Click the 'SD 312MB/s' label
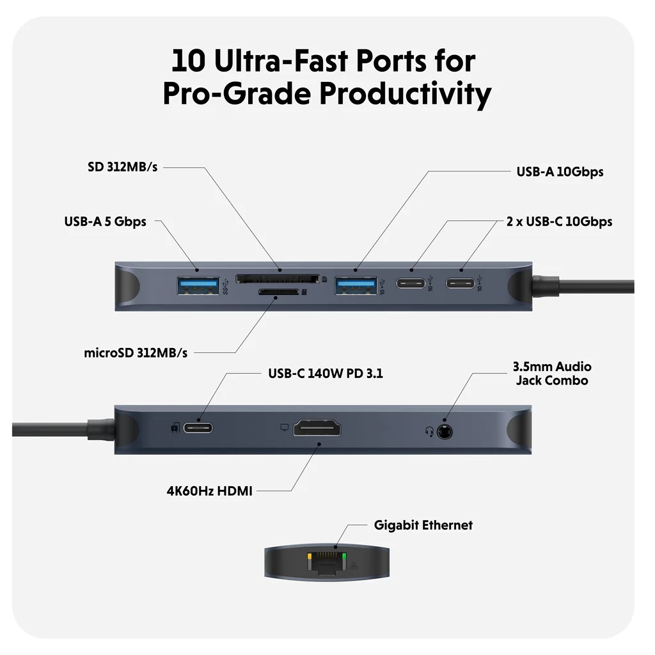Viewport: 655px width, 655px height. point(122,167)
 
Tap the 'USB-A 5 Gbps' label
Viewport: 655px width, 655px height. point(105,222)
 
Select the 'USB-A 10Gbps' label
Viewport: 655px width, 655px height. point(560,171)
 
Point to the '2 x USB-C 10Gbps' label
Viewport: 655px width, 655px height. point(559,222)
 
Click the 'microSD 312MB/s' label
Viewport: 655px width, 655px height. point(136,352)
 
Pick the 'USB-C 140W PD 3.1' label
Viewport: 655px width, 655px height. point(325,373)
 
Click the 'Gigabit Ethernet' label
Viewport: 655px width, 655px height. point(423,525)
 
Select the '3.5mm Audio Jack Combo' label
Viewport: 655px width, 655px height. point(551,374)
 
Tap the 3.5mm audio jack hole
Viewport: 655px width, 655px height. point(445,431)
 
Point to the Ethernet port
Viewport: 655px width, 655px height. point(327,564)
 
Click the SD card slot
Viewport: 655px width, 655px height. point(278,279)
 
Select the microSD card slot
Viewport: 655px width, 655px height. point(278,292)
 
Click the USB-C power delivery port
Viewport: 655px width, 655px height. point(199,427)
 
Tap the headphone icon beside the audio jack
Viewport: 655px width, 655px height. point(430,431)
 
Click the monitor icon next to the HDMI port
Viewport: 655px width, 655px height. point(285,426)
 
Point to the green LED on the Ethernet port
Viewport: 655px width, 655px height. point(345,557)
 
